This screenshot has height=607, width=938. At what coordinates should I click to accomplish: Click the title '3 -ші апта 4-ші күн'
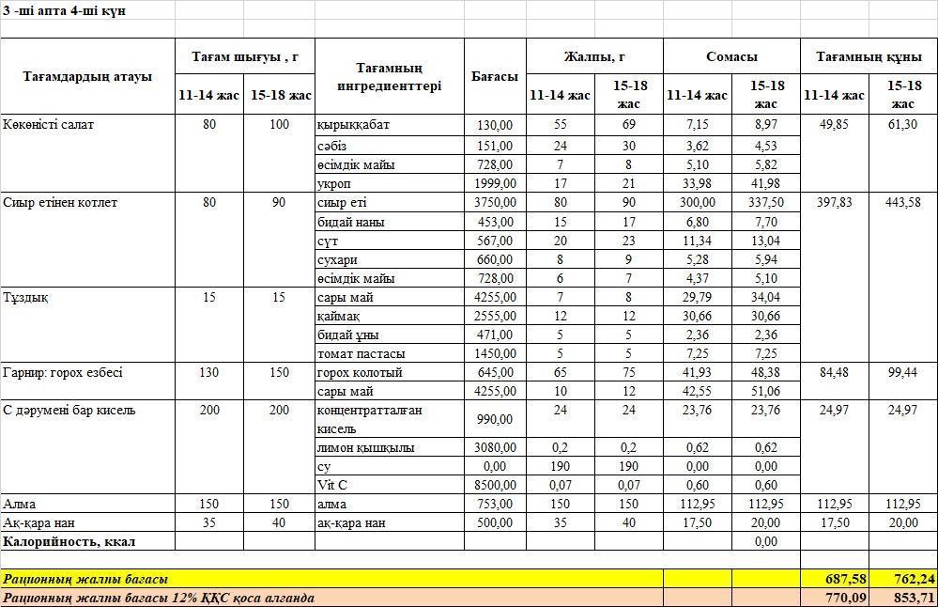point(65,10)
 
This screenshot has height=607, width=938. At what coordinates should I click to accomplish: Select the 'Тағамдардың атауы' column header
point(87,76)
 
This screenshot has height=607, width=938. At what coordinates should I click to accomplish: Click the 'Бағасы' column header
point(495,76)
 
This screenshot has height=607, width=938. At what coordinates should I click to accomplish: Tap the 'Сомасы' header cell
point(731,57)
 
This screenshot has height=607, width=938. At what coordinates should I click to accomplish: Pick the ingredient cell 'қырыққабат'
point(353,125)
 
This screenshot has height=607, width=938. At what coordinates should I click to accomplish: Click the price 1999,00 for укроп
point(495,183)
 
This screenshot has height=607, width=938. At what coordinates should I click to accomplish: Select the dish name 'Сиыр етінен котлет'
point(60,203)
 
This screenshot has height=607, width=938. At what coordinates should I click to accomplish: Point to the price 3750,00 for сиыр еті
point(495,203)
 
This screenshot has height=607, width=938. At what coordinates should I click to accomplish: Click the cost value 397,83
point(834,203)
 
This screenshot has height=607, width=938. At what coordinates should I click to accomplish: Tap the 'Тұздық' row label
point(25,298)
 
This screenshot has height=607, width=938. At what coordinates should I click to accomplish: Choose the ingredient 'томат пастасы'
point(361,354)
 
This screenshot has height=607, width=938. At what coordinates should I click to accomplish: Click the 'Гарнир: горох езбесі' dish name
point(63,373)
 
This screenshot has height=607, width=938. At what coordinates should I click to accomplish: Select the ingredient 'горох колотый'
point(360,373)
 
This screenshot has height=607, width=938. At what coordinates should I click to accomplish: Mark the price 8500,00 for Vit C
point(495,485)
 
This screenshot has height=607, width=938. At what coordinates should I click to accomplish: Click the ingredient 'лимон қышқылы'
point(365,448)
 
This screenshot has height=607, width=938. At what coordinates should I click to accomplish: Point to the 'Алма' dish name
point(20,505)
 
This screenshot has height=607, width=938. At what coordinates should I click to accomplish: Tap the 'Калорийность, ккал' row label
point(69,542)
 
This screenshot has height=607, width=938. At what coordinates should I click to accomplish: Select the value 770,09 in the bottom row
point(834,598)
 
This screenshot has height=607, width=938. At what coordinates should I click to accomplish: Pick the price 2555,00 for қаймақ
point(495,317)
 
